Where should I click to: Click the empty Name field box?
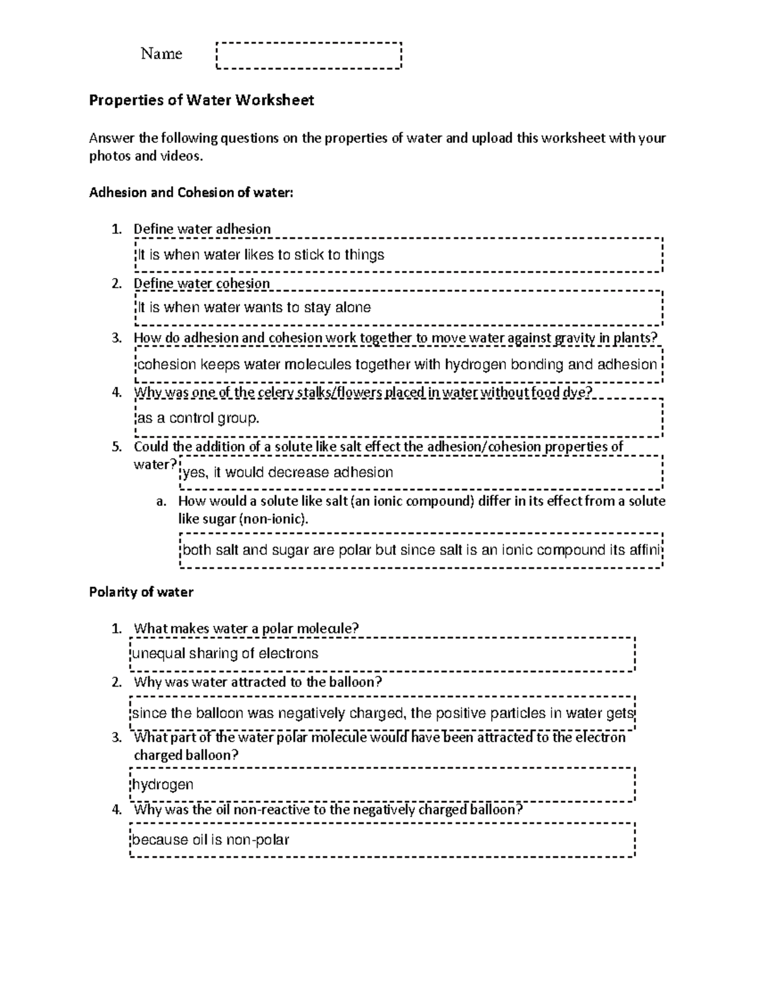coord(309,55)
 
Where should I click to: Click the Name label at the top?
coord(161,54)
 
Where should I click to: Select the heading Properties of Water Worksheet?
coord(202,100)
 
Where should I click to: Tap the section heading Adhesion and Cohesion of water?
coord(191,193)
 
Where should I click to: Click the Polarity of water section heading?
coord(141,592)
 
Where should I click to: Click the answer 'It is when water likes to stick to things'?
coord(261,255)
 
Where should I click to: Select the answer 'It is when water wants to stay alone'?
coord(254,308)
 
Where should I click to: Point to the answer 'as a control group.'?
coord(198,418)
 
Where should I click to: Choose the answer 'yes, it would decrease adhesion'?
coord(287,472)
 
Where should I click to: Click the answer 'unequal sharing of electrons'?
coord(225,653)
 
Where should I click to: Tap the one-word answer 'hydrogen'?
coord(162,785)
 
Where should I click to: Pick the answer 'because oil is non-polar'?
coord(210,840)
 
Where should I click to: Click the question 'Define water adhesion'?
coord(202,229)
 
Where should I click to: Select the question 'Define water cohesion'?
coord(202,283)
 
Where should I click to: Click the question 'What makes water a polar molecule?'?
coord(246,628)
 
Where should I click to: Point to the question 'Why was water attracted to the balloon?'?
coord(258,682)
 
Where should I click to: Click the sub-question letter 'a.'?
coord(161,502)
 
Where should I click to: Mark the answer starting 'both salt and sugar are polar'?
coord(421,550)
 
